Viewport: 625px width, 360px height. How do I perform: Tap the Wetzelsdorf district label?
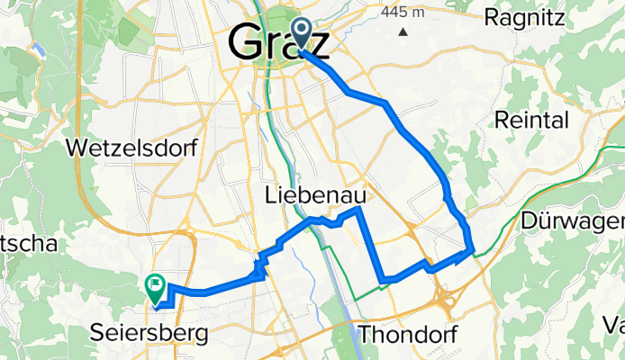pyautogui.click(x=131, y=148)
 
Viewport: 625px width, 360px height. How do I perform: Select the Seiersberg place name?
pyautogui.click(x=149, y=333)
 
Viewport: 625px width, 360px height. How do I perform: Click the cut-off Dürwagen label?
pyautogui.click(x=573, y=220)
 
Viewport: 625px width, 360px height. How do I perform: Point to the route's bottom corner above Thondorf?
pyautogui.click(x=384, y=280)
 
